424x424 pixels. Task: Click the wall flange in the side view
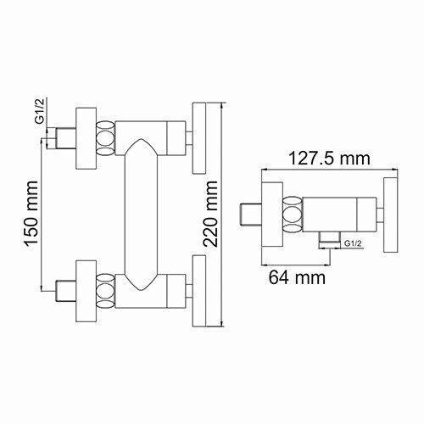pos(269,216)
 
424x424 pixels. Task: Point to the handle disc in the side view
pos(392,216)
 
